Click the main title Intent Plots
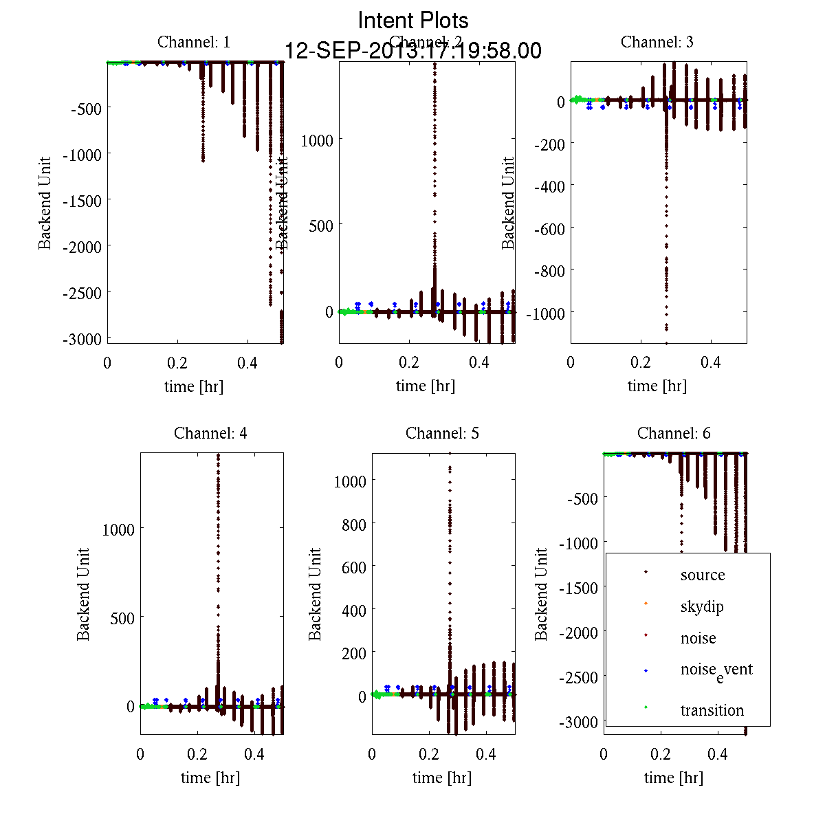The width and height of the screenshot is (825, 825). [x=413, y=20]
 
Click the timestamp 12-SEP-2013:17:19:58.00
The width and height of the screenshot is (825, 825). [x=413, y=51]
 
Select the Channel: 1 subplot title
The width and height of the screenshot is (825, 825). [x=194, y=42]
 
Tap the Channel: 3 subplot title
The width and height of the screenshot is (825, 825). [x=657, y=42]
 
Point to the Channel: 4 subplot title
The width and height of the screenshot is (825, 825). [x=210, y=433]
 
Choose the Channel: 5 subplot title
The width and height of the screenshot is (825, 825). [x=442, y=433]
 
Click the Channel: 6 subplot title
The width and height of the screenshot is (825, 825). [x=674, y=433]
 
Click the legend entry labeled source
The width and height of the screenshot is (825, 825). [x=703, y=575]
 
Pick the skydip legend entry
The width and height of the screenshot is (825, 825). [x=702, y=606]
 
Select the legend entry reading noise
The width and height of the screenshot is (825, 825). [x=698, y=638]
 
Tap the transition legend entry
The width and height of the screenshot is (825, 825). [x=712, y=710]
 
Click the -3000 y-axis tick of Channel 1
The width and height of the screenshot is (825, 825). [x=82, y=339]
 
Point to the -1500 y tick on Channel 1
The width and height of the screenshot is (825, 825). [x=82, y=201]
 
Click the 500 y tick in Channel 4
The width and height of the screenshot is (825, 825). [x=122, y=618]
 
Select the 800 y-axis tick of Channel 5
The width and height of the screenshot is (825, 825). [x=354, y=524]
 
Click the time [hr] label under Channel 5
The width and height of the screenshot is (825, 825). [x=442, y=778]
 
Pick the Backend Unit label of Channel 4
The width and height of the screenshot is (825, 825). [x=83, y=594]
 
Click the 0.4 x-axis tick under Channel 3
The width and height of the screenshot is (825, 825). [x=711, y=362]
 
